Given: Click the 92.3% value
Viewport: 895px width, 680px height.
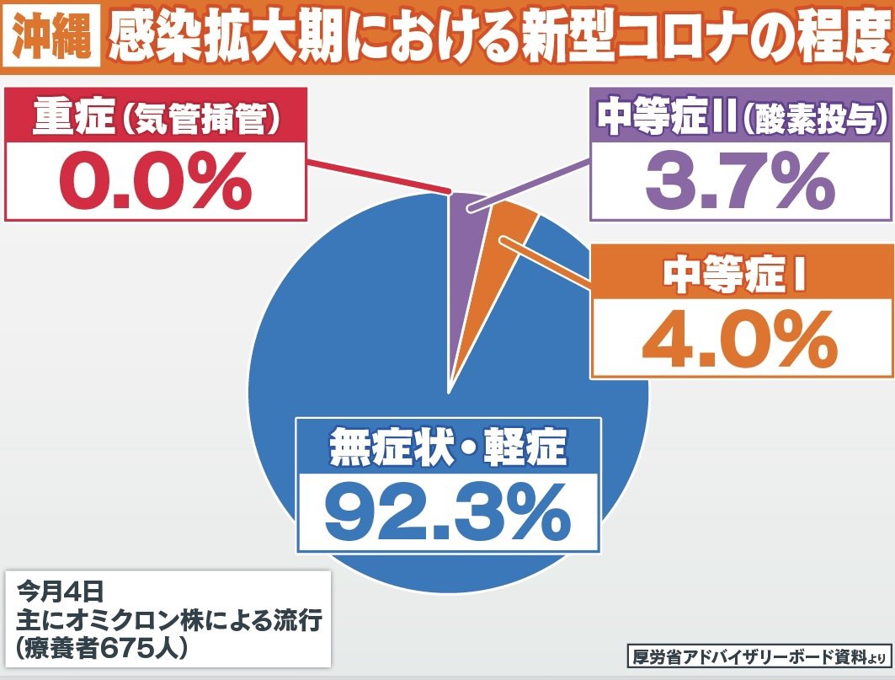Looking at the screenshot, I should (x=447, y=515).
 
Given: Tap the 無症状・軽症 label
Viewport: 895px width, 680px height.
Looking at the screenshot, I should (x=447, y=447).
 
